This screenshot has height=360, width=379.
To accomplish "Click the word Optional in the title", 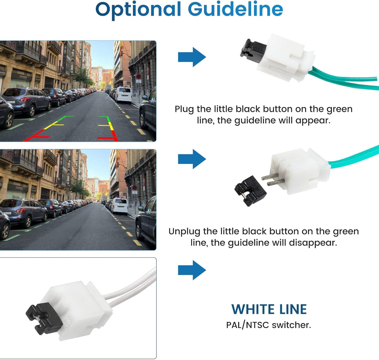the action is (138, 10).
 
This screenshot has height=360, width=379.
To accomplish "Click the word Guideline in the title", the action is (235, 9).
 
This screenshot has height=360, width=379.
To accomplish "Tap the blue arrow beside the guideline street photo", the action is (192, 57).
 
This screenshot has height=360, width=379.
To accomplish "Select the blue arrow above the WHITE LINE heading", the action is (192, 270).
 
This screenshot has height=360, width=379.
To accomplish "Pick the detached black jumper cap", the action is (250, 191).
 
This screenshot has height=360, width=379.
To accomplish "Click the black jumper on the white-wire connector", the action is (44, 319).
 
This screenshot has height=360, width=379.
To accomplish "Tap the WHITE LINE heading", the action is (269, 309).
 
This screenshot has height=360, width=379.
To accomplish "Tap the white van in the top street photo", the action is (123, 95).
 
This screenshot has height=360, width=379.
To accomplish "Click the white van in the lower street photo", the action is (119, 206).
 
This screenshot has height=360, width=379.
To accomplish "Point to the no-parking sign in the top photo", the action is (138, 76).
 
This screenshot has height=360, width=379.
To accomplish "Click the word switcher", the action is (292, 325).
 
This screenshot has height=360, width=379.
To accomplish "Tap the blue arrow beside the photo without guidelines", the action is (192, 159).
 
